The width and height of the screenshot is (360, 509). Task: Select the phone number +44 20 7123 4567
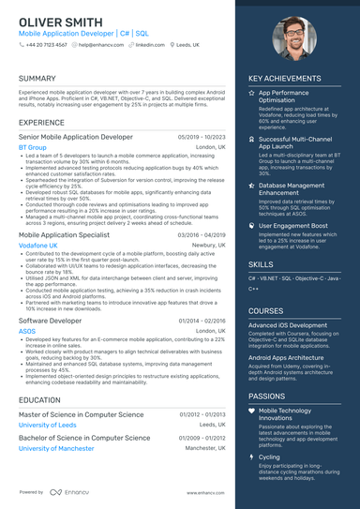47,45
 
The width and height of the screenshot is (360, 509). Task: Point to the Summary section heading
37,78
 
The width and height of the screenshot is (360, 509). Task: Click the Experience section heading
41,123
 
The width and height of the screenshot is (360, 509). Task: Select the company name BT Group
33,147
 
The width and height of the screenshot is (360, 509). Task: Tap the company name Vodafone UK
38,245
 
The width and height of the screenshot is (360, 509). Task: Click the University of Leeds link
47,425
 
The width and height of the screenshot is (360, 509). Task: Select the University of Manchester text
56,448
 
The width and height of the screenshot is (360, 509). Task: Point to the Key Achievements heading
292,78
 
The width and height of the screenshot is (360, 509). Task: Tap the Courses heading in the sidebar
266,310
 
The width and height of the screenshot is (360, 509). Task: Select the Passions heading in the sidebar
267,396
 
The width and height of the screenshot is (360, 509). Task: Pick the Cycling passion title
270,457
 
